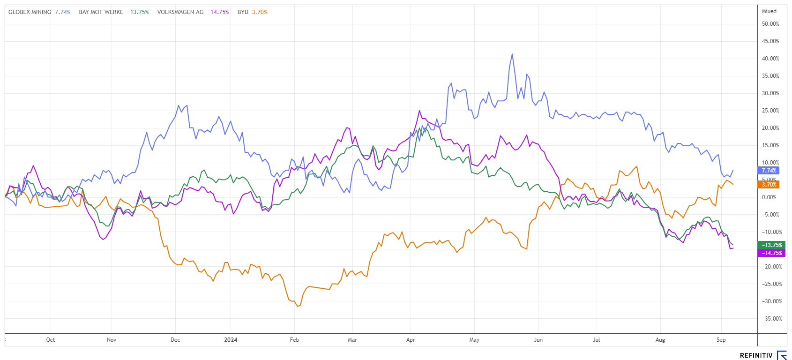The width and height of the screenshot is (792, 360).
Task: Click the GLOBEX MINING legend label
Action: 30,12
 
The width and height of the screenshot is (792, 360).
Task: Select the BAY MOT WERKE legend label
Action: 101,12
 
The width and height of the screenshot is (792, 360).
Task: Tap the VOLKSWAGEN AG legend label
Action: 180,12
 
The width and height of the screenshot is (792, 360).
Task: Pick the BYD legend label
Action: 243,12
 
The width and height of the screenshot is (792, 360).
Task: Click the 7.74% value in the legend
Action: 63,12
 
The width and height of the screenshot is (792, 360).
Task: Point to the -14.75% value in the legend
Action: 218,12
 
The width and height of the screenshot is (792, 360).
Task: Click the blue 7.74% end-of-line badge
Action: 769,171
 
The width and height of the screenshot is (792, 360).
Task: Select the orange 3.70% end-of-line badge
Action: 769,185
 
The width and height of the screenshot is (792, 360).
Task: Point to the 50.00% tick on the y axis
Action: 770,24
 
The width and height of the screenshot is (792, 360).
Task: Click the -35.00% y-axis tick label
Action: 771,319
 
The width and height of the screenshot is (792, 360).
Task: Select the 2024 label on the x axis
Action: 231,340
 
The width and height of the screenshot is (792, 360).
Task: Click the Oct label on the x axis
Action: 51,340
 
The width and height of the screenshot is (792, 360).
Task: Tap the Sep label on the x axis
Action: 721,340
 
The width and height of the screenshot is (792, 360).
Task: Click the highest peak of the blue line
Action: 512,54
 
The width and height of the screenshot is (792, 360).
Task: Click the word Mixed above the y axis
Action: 769,11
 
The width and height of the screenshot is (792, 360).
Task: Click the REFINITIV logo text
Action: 756,355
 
